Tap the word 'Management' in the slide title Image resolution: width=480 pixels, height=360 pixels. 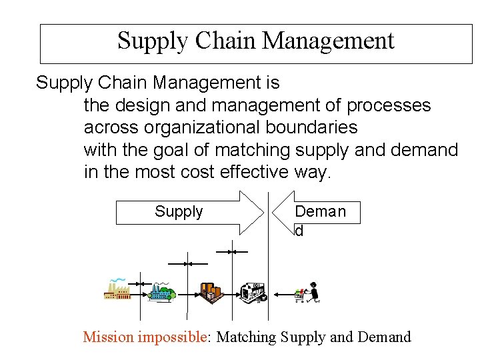click(x=328, y=41)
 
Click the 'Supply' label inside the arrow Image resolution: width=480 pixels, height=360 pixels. click(x=179, y=212)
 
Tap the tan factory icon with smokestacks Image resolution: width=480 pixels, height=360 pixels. click(x=119, y=289)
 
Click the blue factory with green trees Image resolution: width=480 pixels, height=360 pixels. click(x=162, y=290)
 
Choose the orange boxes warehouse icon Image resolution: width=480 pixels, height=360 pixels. click(x=211, y=291)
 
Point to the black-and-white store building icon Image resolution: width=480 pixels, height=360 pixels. click(x=253, y=291)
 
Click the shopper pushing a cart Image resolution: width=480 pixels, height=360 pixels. click(x=307, y=292)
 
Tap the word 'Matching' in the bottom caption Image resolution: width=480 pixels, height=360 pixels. click(x=247, y=337)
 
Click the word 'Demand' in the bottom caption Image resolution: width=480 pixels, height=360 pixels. click(x=385, y=337)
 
